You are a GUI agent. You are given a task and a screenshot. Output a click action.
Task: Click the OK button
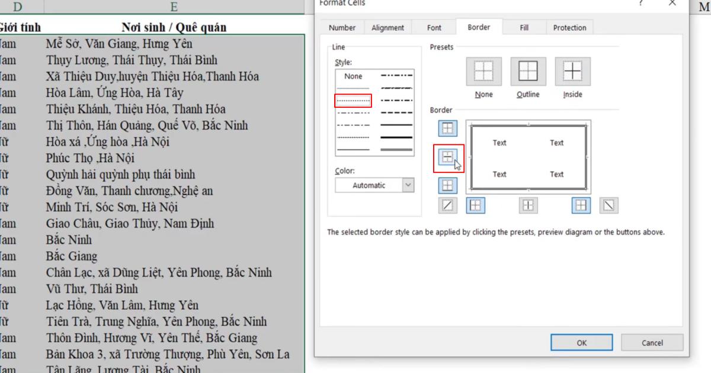581,343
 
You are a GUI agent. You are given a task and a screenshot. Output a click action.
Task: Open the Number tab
342,28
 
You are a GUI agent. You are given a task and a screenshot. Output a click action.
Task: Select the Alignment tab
387,28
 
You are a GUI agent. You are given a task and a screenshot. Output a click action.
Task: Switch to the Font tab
434,28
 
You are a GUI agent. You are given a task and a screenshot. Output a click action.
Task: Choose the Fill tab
524,28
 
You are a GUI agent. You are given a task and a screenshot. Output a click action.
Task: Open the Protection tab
569,28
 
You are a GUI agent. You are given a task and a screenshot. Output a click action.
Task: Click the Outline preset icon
528,72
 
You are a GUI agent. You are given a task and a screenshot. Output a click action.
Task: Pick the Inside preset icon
572,72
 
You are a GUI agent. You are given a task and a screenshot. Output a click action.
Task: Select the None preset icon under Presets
483,72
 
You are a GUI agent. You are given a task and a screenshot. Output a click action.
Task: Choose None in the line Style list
353,76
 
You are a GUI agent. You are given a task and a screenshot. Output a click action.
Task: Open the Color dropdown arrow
408,185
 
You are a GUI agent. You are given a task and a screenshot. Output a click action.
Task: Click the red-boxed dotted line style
353,101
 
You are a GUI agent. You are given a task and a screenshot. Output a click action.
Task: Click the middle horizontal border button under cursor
448,157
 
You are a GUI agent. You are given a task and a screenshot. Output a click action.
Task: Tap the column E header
174,7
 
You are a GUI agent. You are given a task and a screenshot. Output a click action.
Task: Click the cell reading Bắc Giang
72,256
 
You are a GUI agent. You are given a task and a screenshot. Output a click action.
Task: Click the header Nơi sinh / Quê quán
174,27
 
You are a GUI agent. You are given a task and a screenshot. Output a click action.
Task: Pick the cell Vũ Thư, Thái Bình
92,289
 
